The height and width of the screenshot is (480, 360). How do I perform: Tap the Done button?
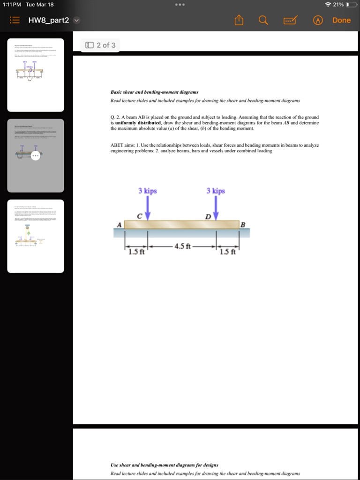point(341,20)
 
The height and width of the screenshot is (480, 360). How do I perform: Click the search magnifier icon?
point(263,20)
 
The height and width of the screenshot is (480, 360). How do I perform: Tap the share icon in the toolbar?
point(239,20)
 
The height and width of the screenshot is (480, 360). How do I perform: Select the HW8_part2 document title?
point(48,20)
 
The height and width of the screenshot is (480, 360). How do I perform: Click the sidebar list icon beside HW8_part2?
point(15,20)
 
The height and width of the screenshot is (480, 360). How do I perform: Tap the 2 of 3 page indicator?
point(100,45)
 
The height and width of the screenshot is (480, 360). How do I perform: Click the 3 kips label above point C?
point(147,191)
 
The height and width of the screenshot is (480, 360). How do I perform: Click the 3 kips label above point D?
point(216,191)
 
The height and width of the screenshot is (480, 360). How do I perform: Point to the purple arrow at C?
point(148,207)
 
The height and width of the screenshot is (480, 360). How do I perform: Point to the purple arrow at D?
point(216,207)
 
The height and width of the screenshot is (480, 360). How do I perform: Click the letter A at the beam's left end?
point(119,225)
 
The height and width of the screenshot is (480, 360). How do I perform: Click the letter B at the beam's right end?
point(242,225)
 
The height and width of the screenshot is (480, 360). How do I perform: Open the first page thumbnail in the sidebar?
point(36,75)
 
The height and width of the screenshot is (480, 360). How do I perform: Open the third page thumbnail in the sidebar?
point(36,236)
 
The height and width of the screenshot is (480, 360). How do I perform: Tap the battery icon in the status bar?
point(351,4)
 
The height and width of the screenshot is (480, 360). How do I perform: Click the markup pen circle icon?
point(319,20)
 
